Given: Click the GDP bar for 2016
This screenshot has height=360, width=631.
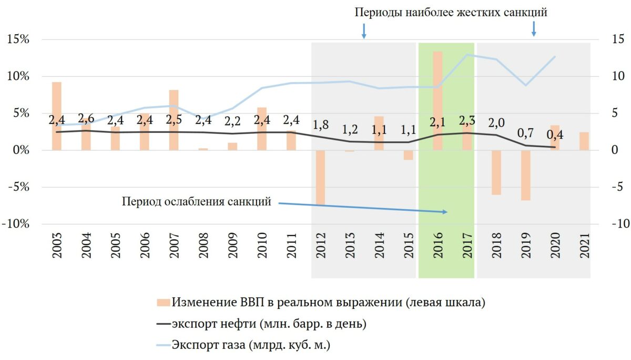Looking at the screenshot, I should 437,100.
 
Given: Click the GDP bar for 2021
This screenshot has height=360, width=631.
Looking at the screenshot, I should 584,141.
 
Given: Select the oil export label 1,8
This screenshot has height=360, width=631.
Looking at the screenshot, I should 320,125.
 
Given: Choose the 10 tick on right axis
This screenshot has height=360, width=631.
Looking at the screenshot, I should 615,76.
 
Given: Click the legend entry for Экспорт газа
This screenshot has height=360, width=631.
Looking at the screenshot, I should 252,345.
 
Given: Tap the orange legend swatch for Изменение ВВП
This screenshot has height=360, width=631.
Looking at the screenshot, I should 164,303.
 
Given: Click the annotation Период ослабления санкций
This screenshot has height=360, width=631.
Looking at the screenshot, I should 196,201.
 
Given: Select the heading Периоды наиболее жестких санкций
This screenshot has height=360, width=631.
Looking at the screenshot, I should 451,13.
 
